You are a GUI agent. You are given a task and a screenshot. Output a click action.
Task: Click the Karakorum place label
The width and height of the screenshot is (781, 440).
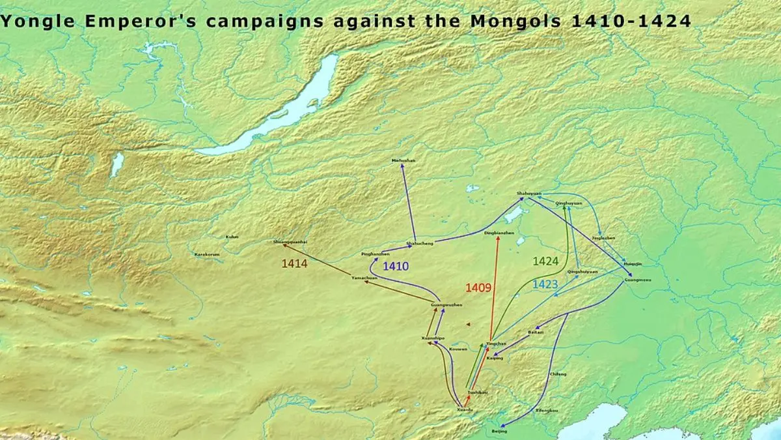point(207,254)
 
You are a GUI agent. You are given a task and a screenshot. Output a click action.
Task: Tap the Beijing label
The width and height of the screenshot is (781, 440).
point(499,432)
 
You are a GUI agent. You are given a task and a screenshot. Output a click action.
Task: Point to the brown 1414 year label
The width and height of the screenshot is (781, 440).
point(294,263)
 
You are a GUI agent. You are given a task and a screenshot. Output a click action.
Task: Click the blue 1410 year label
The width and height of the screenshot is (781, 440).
point(396,266)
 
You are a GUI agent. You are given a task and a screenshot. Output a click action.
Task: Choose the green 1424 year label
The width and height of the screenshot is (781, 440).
point(545,261)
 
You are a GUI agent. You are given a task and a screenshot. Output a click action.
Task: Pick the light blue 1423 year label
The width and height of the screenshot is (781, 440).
point(545,284)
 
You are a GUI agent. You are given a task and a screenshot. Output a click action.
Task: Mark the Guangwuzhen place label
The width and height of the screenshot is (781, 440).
point(446,305)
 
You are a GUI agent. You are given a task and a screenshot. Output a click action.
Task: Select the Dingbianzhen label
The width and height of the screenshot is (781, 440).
point(499,233)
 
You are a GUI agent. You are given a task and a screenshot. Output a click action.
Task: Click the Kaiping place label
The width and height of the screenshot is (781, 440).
point(495,358)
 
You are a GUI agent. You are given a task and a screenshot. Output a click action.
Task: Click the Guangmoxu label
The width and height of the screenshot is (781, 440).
point(637,280)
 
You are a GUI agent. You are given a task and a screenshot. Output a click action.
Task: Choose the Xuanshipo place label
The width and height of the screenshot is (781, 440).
point(433,338)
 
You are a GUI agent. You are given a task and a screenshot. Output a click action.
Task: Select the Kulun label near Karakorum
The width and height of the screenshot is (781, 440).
point(232,237)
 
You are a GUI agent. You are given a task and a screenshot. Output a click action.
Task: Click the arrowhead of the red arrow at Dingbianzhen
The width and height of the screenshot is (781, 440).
point(499,239)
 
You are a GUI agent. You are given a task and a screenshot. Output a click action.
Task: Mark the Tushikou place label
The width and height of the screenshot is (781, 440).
point(477,392)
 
